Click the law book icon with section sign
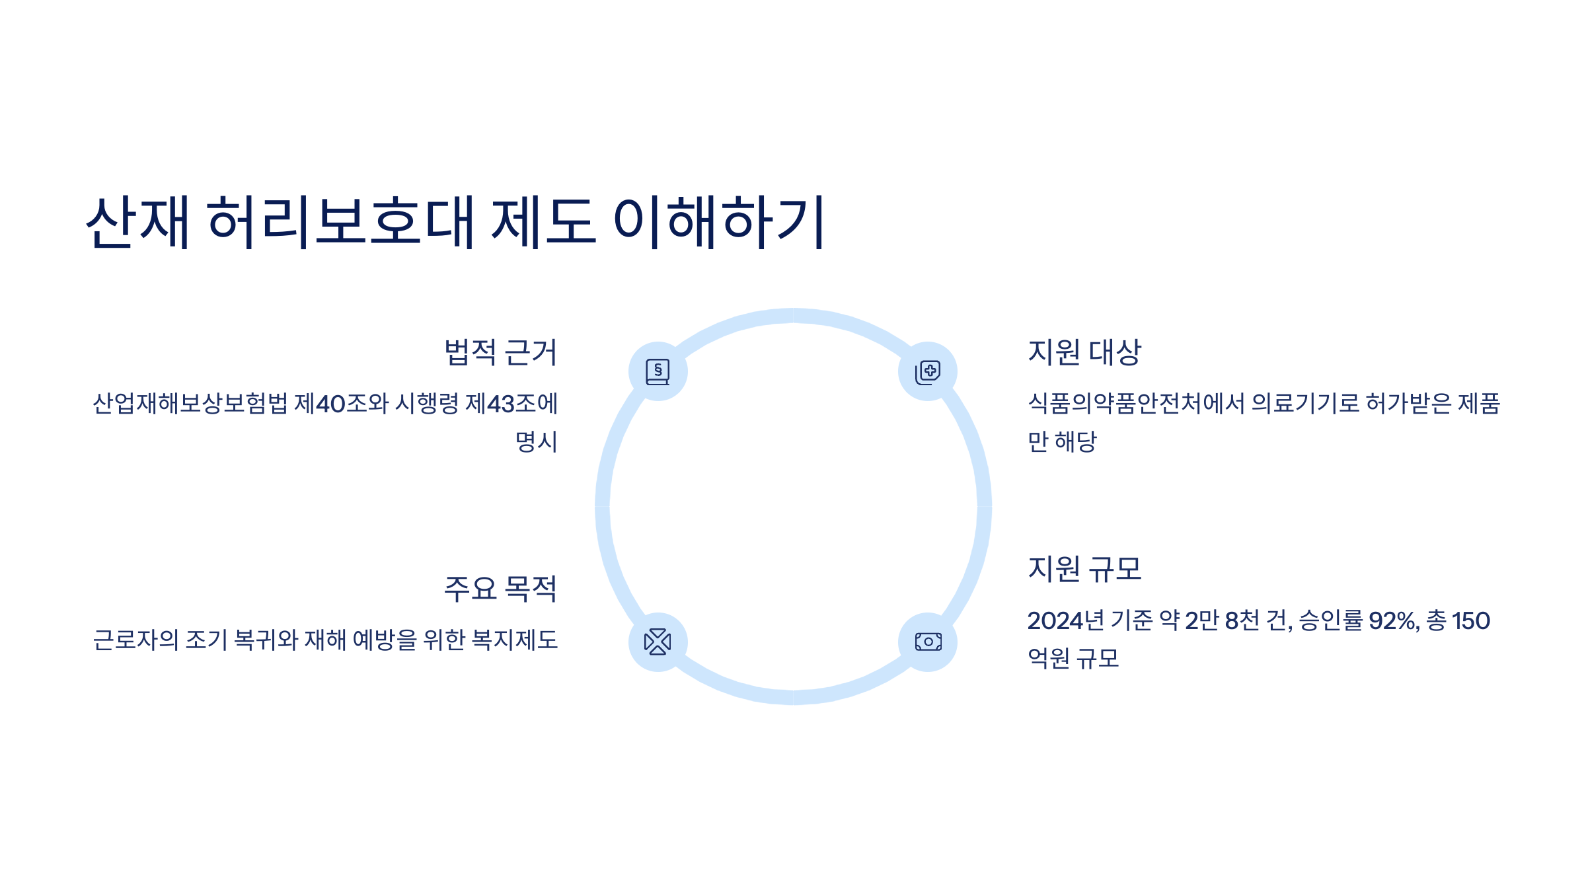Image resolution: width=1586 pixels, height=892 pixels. pos(658,371)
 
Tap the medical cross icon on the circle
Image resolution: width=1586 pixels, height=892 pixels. pos(928,371)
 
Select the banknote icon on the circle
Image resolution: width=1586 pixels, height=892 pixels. pos(928,642)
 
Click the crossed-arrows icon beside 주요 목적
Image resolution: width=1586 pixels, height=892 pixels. pos(658,642)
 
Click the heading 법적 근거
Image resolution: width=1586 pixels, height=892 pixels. pos(500,352)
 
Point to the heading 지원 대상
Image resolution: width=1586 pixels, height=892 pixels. pos(1084,352)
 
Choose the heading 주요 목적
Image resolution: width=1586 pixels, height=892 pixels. pos(500,589)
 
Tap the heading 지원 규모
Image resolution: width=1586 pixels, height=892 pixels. pos(1084,569)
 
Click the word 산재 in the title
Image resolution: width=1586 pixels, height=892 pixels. pos(138,222)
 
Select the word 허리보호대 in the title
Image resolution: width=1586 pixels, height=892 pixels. pos(341,222)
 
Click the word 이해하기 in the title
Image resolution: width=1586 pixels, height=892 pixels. pos(719,222)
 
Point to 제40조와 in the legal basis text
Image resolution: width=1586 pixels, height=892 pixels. pos(341,404)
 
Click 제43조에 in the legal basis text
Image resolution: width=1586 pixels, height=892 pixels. pos(511,404)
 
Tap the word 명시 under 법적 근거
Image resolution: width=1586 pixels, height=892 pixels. pos(536,441)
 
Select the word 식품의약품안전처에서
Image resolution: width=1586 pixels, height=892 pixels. pos(1136,404)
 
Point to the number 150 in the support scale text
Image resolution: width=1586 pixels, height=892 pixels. pos(1470,621)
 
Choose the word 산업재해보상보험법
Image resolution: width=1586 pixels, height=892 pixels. pos(190,404)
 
